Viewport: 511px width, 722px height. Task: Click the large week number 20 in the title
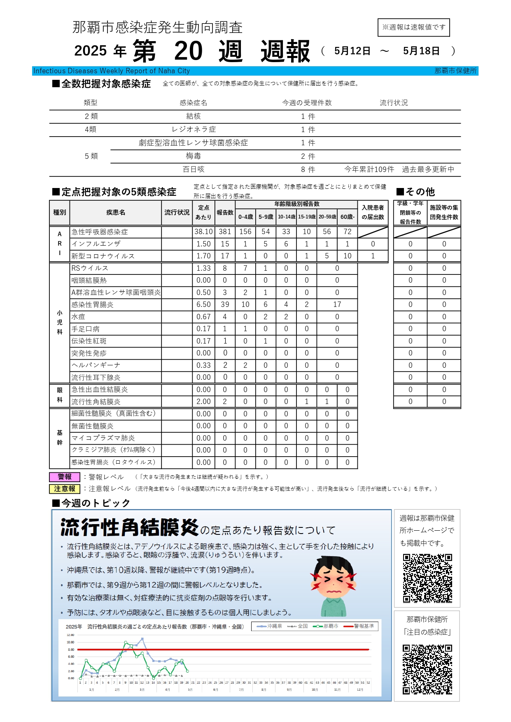pos(188,51)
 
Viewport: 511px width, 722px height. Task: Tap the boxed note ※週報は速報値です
pos(413,27)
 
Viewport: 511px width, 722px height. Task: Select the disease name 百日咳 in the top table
pos(193,169)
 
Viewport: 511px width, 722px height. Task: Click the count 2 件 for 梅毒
pos(308,156)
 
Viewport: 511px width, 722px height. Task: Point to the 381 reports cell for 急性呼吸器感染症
pos(225,232)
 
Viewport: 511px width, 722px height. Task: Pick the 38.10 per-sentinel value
pos(203,232)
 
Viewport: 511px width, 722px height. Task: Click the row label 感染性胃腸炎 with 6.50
pos(93,304)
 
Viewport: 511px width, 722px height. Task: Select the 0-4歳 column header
pos(245,217)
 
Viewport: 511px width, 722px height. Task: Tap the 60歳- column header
pos(347,217)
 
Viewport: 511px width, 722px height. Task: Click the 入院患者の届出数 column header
pos(373,212)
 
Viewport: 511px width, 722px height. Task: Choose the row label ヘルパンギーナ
pos(96,365)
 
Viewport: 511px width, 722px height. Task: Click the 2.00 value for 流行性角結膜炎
pos(203,402)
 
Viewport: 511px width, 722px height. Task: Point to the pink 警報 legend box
pos(65,477)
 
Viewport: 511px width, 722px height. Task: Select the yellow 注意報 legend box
pos(65,489)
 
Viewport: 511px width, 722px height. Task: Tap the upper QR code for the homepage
pos(427,578)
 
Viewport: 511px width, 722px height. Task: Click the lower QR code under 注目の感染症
pos(427,669)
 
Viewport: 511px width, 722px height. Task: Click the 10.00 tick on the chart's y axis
pos(70,642)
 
